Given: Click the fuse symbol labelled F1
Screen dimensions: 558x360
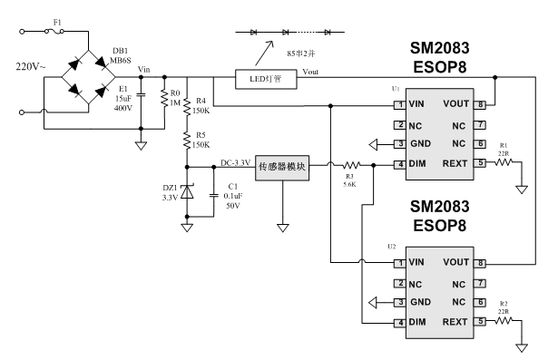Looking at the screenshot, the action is pyautogui.click(x=54, y=32).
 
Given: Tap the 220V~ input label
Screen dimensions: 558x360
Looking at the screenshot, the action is pyautogui.click(x=31, y=66).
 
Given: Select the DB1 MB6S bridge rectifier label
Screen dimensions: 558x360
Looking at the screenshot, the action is pyautogui.click(x=121, y=55).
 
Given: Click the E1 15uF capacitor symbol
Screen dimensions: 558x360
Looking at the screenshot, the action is pyautogui.click(x=141, y=95).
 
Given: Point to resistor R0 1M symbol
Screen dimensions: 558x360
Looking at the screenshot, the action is pyautogui.click(x=164, y=98).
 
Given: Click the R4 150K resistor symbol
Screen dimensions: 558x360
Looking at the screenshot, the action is pyautogui.click(x=187, y=106).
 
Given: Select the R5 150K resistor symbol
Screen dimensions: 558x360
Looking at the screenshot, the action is pyautogui.click(x=187, y=140).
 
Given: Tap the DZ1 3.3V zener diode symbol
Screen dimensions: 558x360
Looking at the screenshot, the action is pyautogui.click(x=187, y=191).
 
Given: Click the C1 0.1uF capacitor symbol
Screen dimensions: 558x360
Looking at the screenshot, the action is pyautogui.click(x=213, y=195).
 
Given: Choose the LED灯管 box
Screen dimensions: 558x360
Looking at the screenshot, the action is pyautogui.click(x=266, y=79).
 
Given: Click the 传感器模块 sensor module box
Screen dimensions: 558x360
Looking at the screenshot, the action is pyautogui.click(x=282, y=168).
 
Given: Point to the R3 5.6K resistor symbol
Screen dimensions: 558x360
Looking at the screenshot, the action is pyautogui.click(x=352, y=165).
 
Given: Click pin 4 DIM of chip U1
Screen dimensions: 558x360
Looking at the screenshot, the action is pyautogui.click(x=400, y=164).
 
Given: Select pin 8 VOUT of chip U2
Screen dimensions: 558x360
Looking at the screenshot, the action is pyautogui.click(x=480, y=263).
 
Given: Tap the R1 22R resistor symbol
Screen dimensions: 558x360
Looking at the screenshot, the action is pyautogui.click(x=504, y=162).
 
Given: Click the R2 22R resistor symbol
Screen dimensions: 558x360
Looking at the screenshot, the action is pyautogui.click(x=504, y=320).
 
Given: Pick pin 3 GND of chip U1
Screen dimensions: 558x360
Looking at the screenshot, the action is pyautogui.click(x=400, y=143).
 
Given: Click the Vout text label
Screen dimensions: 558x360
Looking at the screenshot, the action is pyautogui.click(x=310, y=72).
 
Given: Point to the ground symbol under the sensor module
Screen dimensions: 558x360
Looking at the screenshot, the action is pyautogui.click(x=282, y=228).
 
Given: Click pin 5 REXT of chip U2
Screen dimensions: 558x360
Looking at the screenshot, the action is pyautogui.click(x=480, y=321).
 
